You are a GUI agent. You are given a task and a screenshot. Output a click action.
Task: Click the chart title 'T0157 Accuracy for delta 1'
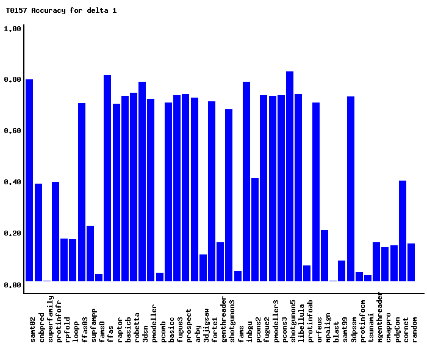pos(61,10)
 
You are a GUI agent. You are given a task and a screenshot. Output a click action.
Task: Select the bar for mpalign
pos(325,256)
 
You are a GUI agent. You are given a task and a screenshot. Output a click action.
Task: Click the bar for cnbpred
pos(38,232)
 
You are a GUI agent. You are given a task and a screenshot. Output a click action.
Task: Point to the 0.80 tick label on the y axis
pos(13,80)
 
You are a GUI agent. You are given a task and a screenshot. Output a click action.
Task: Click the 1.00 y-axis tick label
pos(13,29)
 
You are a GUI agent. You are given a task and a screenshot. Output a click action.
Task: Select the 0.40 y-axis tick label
pos(13,182)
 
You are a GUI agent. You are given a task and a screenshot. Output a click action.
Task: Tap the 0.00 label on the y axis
pos(13,285)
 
